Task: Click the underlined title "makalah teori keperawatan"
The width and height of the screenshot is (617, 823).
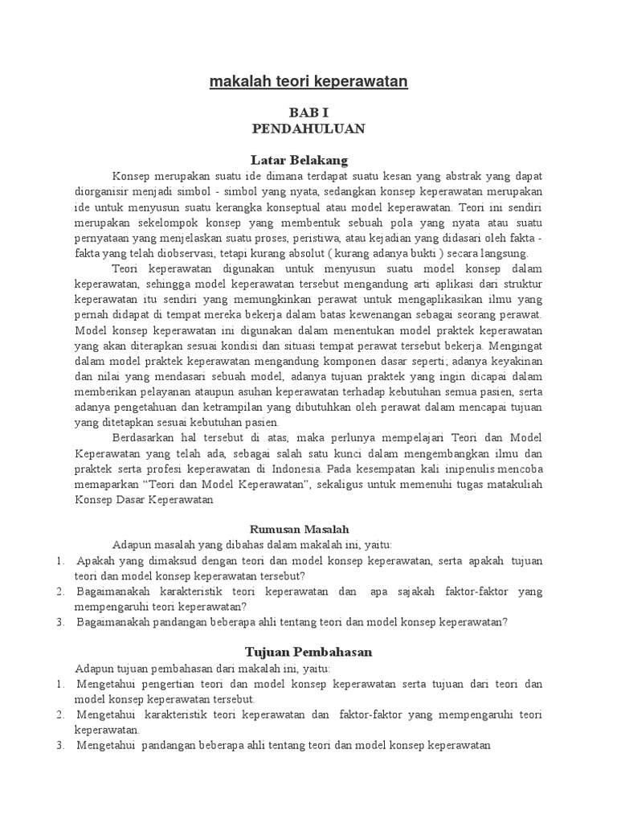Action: (x=308, y=82)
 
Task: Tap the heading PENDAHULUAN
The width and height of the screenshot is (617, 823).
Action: (x=308, y=129)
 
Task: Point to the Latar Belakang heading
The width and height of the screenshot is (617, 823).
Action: (x=308, y=160)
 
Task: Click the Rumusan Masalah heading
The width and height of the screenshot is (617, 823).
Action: (x=308, y=529)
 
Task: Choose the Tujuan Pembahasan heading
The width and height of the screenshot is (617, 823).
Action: (x=308, y=653)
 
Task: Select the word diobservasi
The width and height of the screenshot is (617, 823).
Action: (x=181, y=252)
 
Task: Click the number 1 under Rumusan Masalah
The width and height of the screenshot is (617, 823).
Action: (x=60, y=560)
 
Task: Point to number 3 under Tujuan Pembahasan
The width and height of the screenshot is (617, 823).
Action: (x=60, y=745)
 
